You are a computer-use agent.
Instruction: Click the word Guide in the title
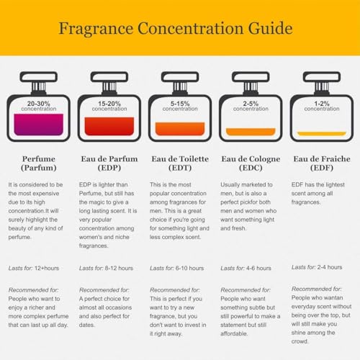pos(270,28)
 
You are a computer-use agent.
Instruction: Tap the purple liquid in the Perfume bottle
pos(38,125)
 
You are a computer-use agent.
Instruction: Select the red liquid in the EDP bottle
pos(109,126)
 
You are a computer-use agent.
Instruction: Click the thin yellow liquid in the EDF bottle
pos(322,134)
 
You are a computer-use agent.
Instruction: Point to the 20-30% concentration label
pos(38,106)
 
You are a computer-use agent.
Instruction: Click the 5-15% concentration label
pos(180,106)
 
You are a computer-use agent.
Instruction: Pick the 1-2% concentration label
pos(322,106)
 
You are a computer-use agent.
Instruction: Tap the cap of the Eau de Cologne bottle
pos(251,77)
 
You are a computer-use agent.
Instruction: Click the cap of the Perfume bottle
pos(38,77)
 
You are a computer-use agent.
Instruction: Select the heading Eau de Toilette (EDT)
pos(180,163)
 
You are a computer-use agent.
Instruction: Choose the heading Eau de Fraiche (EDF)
pos(322,163)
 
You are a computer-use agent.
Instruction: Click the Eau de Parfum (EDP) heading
pos(109,163)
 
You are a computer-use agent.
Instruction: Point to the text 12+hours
pos(47,268)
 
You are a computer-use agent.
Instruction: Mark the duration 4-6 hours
pos(258,268)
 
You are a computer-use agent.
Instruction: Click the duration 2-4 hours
pos(330,267)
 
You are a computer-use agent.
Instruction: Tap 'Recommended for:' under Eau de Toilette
pos(175,290)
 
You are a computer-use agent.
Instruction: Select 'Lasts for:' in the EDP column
pos(91,268)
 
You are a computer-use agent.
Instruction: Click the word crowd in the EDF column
pos(300,341)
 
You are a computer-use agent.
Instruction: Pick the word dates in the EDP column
pos(87,325)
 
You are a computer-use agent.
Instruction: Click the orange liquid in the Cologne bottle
pos(251,132)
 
